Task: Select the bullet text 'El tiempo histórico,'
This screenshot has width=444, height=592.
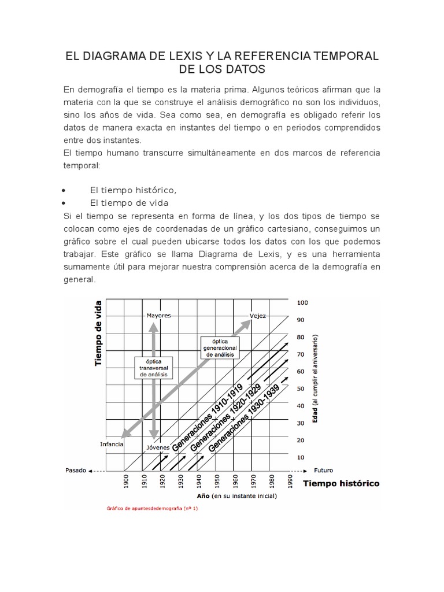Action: click(133, 190)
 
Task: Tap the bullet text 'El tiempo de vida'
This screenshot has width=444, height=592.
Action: click(129, 203)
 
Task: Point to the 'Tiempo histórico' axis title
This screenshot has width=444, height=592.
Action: click(341, 483)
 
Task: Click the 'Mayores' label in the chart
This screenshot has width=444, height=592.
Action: click(158, 316)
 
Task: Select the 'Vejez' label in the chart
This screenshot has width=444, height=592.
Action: click(257, 316)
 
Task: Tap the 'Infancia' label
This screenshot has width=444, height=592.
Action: click(111, 445)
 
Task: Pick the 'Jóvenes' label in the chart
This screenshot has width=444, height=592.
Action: click(158, 447)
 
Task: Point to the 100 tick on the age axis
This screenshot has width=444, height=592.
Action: click(302, 302)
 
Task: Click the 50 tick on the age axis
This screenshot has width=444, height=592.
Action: click(301, 388)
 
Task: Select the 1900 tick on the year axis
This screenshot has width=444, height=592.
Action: click(126, 481)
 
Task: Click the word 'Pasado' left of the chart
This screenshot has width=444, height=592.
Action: click(76, 470)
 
